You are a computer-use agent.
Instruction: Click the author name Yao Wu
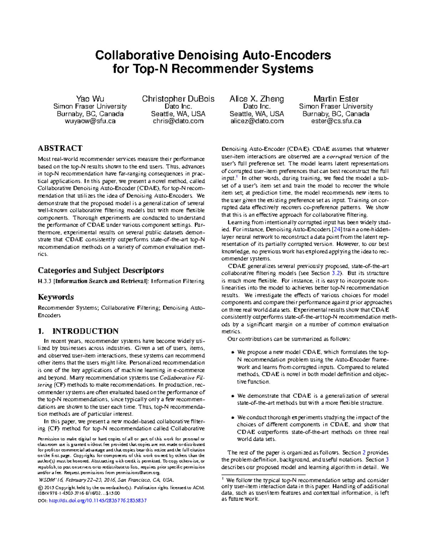pos(90,99)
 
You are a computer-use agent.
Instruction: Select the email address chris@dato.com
pos(178,121)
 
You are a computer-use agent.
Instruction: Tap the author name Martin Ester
pos(336,99)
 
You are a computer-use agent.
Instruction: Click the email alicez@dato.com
pos(256,121)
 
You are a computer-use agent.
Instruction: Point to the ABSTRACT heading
pos(60,148)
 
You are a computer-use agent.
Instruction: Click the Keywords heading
pos(56,297)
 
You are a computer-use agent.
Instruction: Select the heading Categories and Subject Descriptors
pos(101,270)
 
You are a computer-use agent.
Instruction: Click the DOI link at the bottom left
pos(97,500)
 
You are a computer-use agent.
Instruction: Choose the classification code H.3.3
pos(45,281)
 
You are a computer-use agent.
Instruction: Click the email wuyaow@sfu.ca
pos(90,121)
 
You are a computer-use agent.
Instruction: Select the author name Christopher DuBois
pos(178,99)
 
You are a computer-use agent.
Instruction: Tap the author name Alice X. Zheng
pos(256,99)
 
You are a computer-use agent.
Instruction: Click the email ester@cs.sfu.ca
pos(336,121)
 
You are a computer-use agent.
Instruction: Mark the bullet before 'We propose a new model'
pos(233,353)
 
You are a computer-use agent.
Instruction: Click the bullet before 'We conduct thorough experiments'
pos(233,418)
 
